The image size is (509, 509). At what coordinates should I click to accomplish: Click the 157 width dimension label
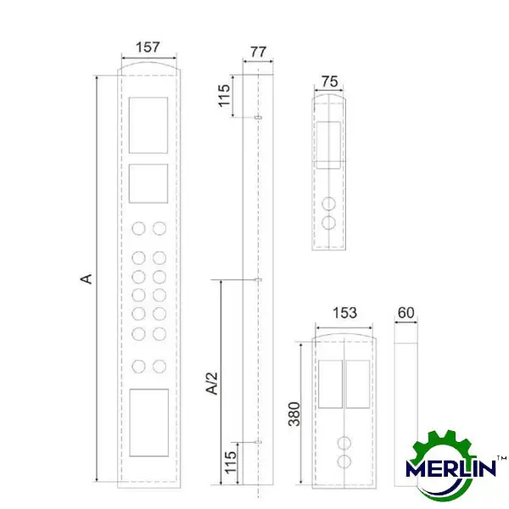(148, 48)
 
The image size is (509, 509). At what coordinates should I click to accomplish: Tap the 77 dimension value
(259, 52)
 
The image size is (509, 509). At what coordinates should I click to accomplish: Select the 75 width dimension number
(330, 81)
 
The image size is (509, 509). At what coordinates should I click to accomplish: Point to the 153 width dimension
(344, 313)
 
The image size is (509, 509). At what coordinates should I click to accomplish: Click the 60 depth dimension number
(406, 313)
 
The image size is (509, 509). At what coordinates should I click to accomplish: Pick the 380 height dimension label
(294, 414)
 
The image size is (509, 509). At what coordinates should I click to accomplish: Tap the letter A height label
(87, 279)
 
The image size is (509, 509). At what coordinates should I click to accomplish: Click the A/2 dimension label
(212, 383)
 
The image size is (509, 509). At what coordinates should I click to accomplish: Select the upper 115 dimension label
(224, 96)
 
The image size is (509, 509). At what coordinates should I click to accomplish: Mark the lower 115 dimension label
(231, 462)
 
